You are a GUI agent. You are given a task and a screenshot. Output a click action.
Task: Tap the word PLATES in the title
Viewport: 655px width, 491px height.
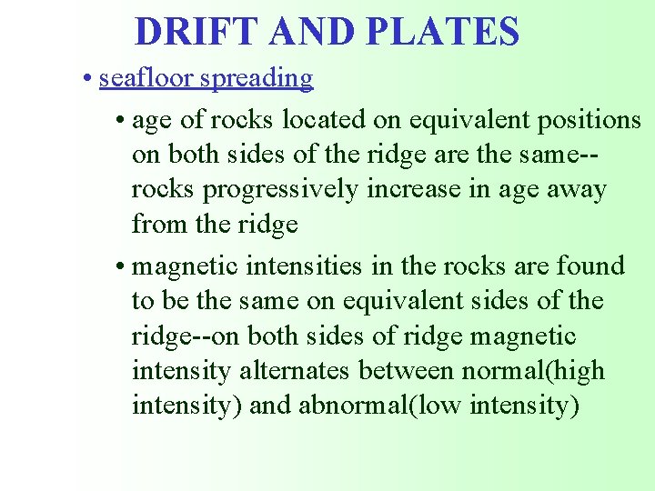pyautogui.click(x=443, y=32)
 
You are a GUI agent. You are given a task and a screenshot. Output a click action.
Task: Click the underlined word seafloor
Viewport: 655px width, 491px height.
pyautogui.click(x=146, y=79)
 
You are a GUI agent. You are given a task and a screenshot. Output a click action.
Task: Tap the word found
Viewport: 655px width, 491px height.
pyautogui.click(x=591, y=266)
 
